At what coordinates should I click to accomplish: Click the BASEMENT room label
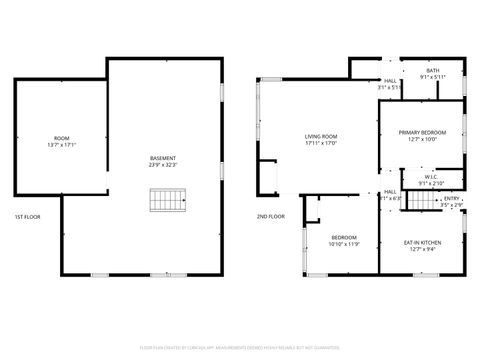click(x=163, y=157)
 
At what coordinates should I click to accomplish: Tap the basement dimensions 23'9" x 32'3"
click(x=163, y=164)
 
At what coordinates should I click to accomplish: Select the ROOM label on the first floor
click(x=62, y=137)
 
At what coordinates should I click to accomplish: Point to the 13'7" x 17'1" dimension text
click(x=62, y=144)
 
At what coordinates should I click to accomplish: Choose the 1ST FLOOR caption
click(x=26, y=217)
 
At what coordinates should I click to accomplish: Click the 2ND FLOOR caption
click(x=270, y=217)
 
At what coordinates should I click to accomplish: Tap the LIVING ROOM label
click(x=321, y=136)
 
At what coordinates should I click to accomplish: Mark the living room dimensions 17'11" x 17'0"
click(x=321, y=143)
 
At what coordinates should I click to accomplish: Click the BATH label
click(x=432, y=71)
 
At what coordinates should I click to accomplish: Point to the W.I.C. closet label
click(x=431, y=177)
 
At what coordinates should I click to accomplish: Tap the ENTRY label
click(x=451, y=198)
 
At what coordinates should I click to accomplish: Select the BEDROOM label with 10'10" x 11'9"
click(x=342, y=237)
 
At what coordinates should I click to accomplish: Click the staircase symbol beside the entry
click(x=427, y=199)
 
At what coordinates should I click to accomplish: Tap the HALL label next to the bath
click(x=389, y=81)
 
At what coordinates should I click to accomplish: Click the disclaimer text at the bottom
click(x=240, y=347)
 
